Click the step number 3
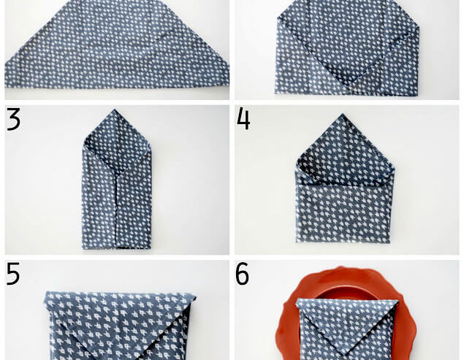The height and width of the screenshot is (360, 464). point(13,119)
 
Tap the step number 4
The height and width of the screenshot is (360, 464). point(243,119)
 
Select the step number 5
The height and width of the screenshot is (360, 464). point(13,274)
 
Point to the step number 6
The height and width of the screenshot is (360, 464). point(243,275)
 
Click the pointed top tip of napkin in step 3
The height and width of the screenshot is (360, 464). point(117,110)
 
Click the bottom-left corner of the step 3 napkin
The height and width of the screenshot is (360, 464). point(83,248)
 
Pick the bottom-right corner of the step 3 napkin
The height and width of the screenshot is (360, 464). point(151,248)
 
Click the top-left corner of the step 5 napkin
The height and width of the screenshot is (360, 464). point(47,293)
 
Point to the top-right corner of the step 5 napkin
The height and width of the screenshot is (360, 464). point(196,295)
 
